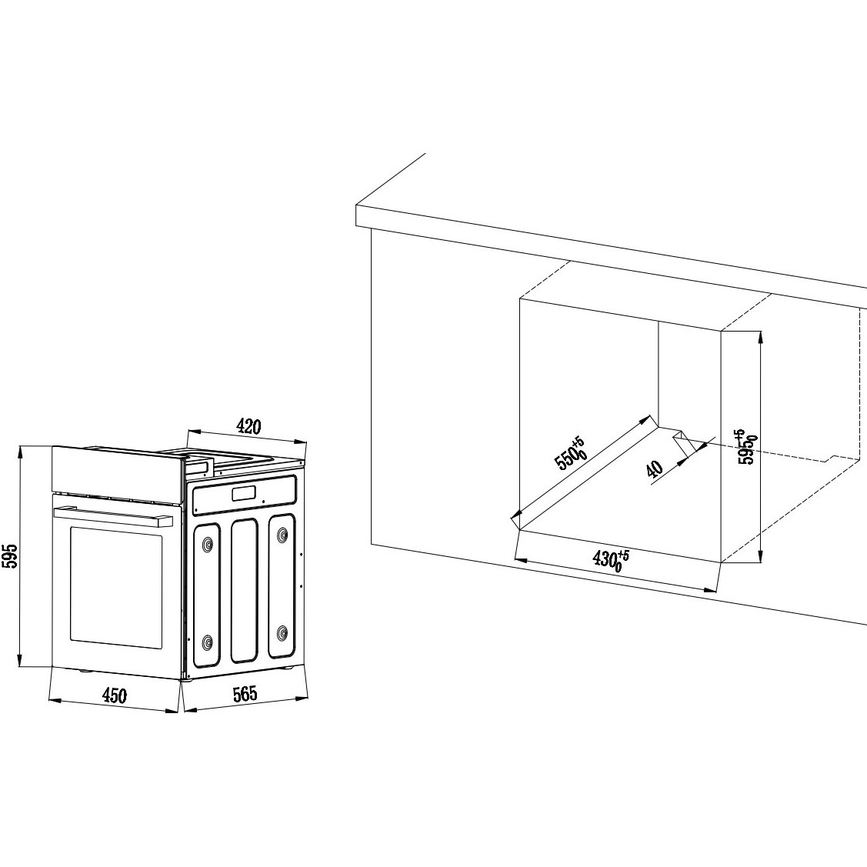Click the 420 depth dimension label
coord(248,426)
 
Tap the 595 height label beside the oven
coord(11,555)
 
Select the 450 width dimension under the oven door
coord(115,695)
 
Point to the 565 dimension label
coord(245,693)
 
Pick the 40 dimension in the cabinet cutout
coord(654,469)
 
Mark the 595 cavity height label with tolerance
coord(748,447)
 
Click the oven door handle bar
coord(113,515)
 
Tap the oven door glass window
coord(117,587)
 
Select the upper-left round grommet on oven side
coord(208,544)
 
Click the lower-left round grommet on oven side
coord(208,642)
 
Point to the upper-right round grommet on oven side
coord(282,534)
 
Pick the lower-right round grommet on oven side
coord(282,632)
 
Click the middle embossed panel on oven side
coord(245,590)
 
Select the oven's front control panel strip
coord(117,469)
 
